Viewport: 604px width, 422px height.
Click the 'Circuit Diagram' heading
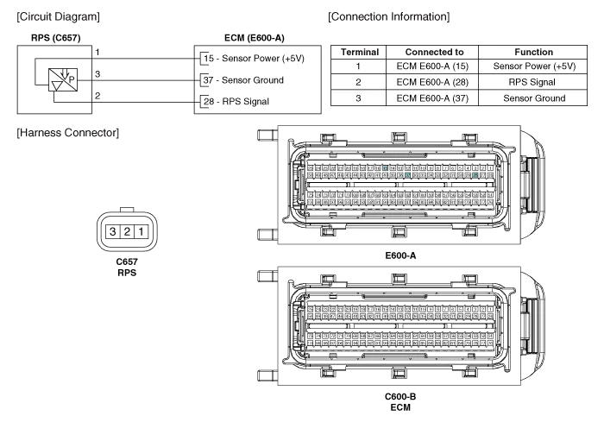[58, 16]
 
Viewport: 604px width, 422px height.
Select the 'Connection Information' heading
[388, 16]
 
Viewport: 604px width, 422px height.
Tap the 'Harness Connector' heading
[68, 133]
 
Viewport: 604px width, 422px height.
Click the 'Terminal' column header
[360, 52]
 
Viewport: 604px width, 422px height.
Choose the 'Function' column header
[533, 52]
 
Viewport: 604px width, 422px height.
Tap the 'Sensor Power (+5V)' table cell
[533, 66]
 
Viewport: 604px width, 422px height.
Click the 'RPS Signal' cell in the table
[533, 82]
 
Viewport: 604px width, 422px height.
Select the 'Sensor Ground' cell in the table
[533, 98]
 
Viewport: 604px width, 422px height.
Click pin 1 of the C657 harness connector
[142, 231]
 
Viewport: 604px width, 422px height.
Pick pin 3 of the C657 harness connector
[111, 231]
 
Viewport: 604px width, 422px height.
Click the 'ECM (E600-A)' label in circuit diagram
[255, 38]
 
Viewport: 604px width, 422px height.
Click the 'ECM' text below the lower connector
[399, 406]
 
